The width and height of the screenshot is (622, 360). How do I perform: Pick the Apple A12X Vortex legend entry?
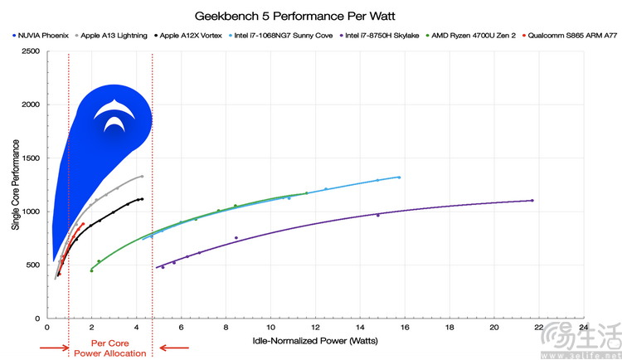(x=187, y=36)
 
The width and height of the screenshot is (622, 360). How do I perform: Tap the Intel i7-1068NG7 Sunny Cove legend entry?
(x=278, y=36)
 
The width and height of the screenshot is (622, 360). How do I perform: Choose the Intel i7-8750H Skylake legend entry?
(x=381, y=36)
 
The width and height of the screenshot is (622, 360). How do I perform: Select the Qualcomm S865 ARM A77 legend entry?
(x=565, y=36)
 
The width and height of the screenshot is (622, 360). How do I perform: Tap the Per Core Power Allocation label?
(x=110, y=347)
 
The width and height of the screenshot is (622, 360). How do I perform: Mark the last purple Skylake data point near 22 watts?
(x=532, y=201)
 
